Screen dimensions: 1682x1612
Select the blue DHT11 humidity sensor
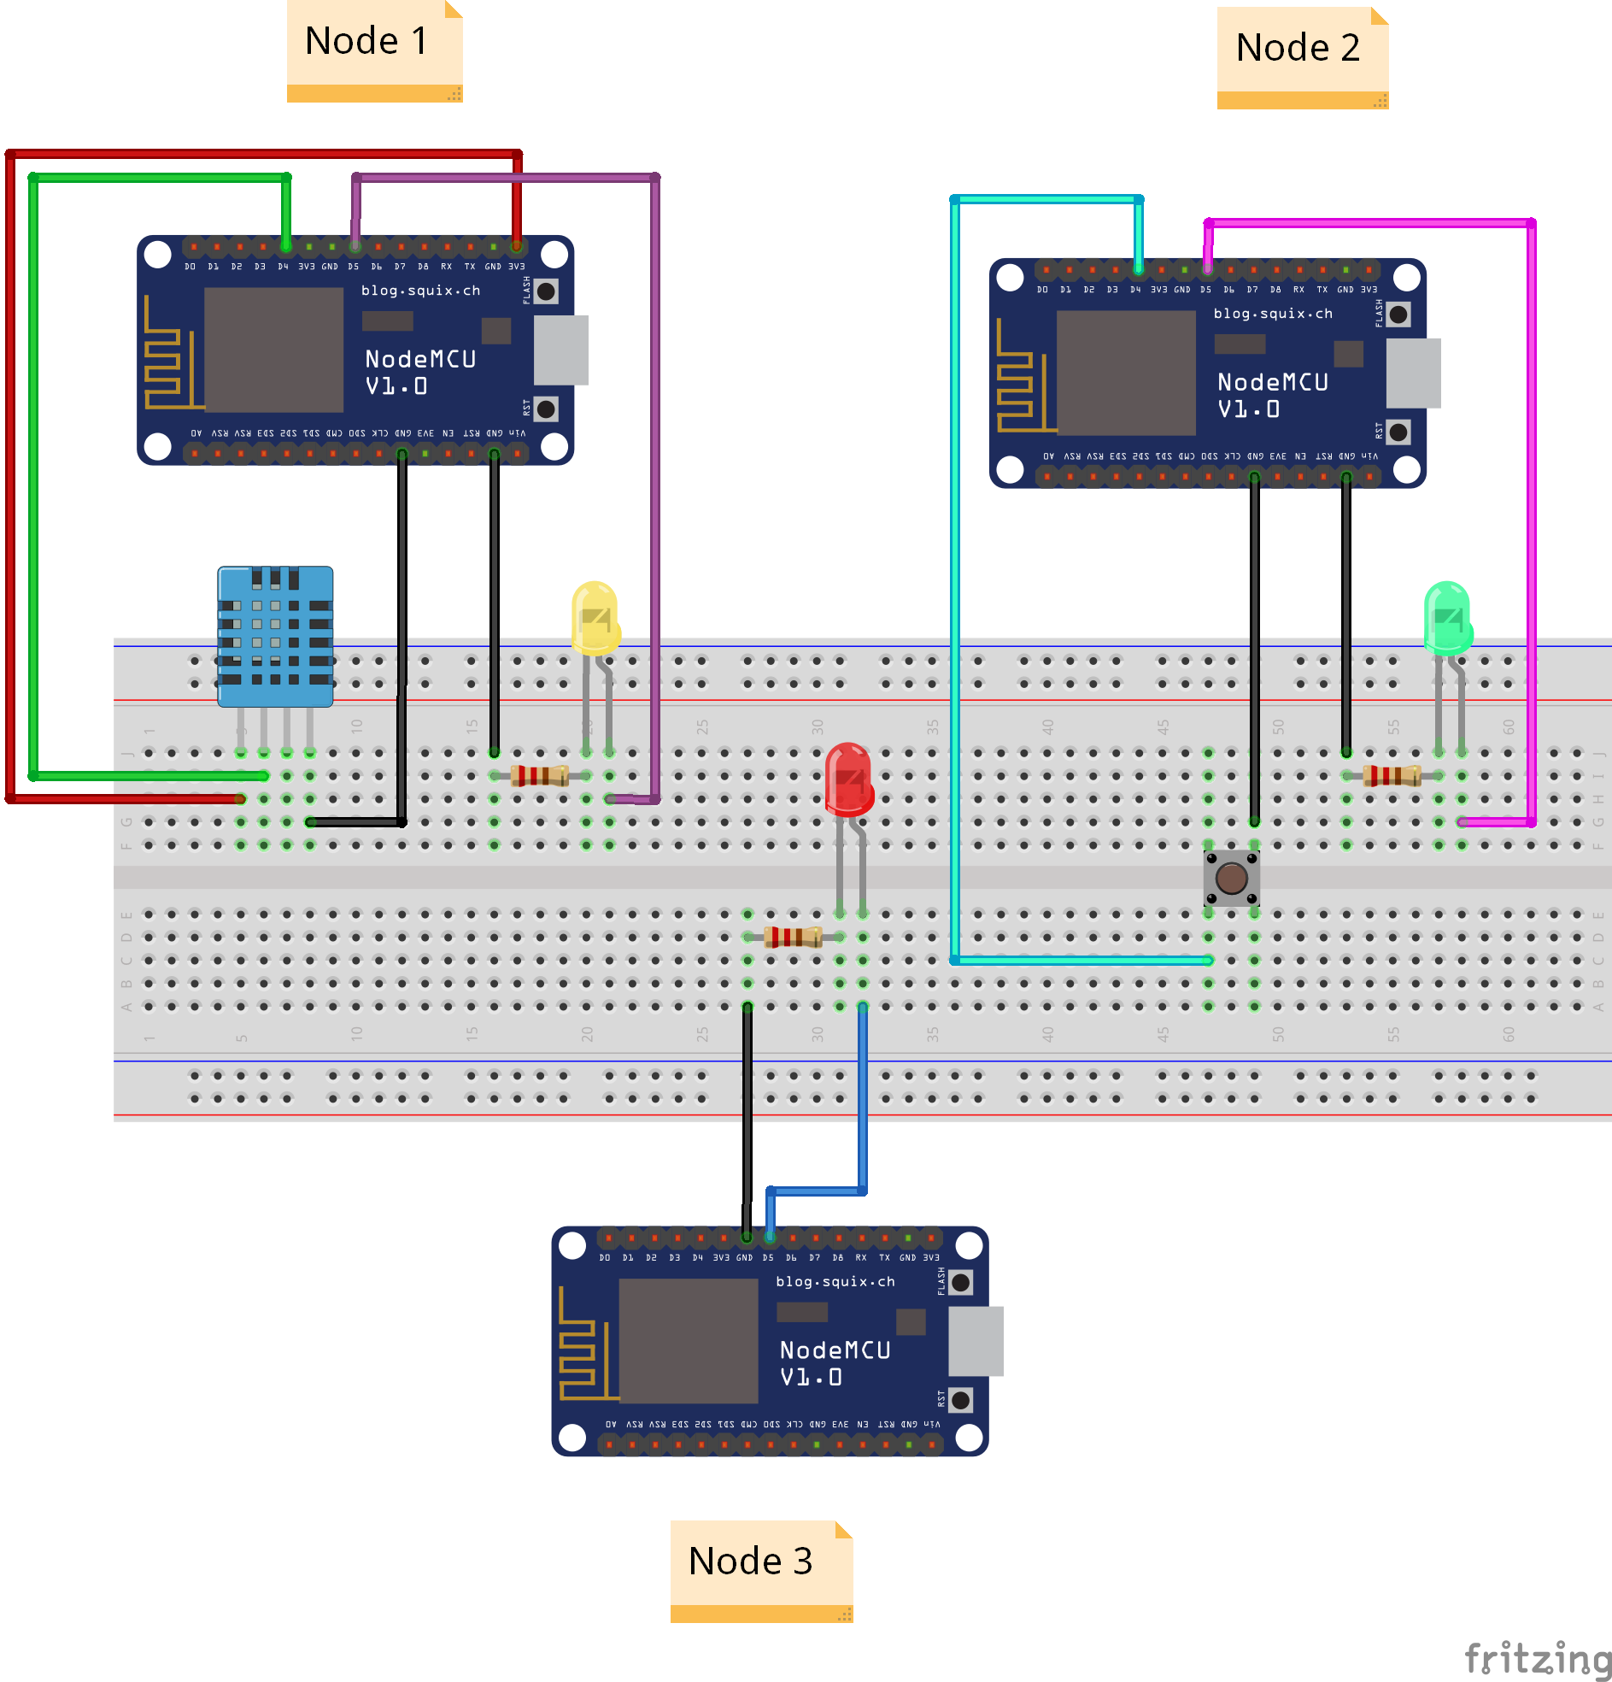pos(274,635)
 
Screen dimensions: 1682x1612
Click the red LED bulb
pos(848,779)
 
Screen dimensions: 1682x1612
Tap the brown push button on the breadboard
pos(1231,878)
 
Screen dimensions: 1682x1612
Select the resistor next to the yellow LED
pos(539,776)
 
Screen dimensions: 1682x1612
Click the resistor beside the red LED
pos(792,937)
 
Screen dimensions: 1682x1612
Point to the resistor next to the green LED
pos(1391,776)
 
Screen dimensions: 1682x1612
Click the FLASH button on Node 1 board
pos(546,291)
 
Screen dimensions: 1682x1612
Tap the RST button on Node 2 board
pos(1398,432)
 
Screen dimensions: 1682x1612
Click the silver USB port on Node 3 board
pos(976,1341)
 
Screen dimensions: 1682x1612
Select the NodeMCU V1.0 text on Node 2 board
pos(1272,395)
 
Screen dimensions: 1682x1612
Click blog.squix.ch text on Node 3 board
pos(835,1281)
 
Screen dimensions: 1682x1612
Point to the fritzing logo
pos(1536,1658)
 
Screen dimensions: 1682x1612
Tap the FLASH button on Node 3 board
pos(961,1282)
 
